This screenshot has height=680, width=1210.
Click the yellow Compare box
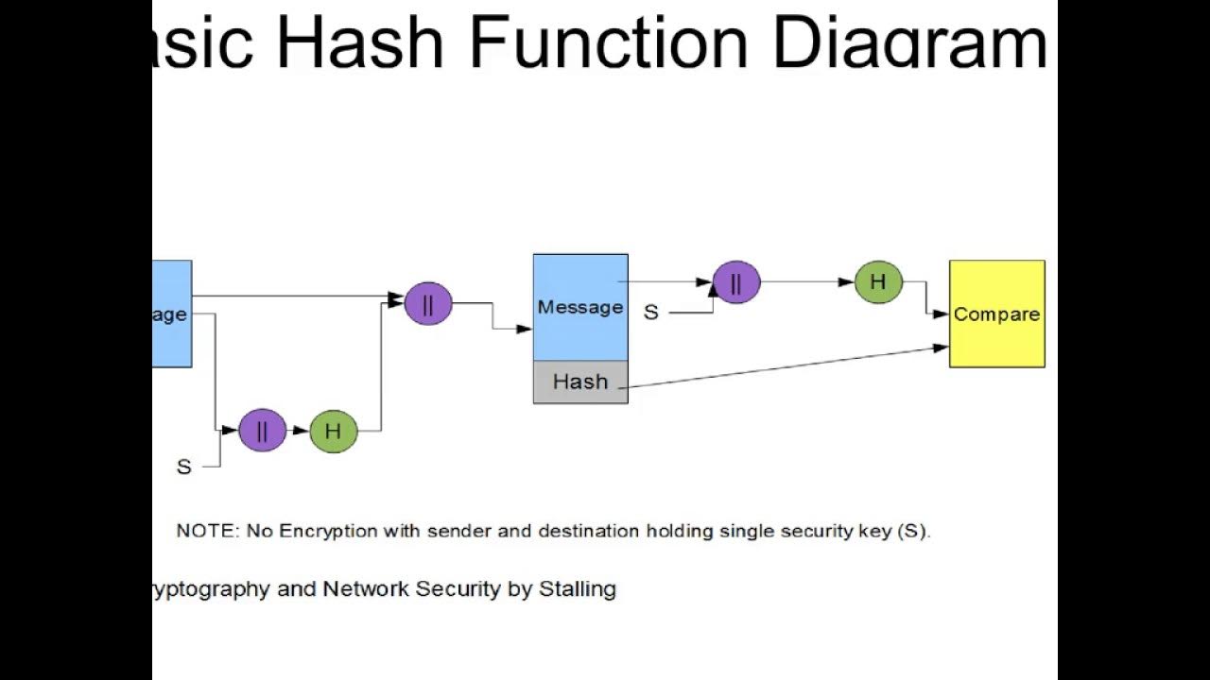[996, 314]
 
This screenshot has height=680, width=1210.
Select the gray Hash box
[580, 382]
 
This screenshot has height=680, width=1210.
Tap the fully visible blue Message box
[580, 307]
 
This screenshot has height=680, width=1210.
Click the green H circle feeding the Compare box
[878, 281]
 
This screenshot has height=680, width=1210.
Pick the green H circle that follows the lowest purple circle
[333, 431]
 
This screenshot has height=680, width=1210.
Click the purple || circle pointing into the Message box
[428, 303]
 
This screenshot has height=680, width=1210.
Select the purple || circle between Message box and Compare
[735, 281]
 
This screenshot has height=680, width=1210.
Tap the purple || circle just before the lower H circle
[262, 431]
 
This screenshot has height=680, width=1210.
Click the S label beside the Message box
[650, 313]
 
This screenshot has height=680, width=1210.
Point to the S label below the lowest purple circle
[184, 467]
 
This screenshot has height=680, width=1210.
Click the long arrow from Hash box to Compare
[785, 367]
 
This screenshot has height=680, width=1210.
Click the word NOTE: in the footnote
[208, 531]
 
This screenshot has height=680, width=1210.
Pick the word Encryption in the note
[327, 531]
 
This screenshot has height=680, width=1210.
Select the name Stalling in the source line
[577, 589]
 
